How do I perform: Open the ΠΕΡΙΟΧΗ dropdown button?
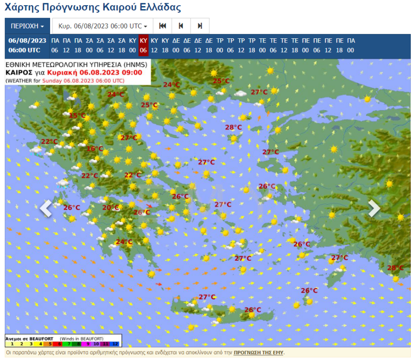27,26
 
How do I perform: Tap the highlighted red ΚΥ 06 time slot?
144,46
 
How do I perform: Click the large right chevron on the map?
374,208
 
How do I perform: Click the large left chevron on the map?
46,208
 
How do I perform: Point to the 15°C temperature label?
77,115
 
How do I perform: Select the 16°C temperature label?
95,149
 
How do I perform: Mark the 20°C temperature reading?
111,208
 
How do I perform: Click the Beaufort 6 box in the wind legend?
59,344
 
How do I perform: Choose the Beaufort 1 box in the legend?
11,344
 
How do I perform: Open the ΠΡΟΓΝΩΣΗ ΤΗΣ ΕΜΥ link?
259,352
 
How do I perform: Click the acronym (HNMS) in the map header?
135,65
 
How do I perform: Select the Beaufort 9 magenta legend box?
87,344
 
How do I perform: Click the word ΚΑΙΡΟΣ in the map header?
19,72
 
